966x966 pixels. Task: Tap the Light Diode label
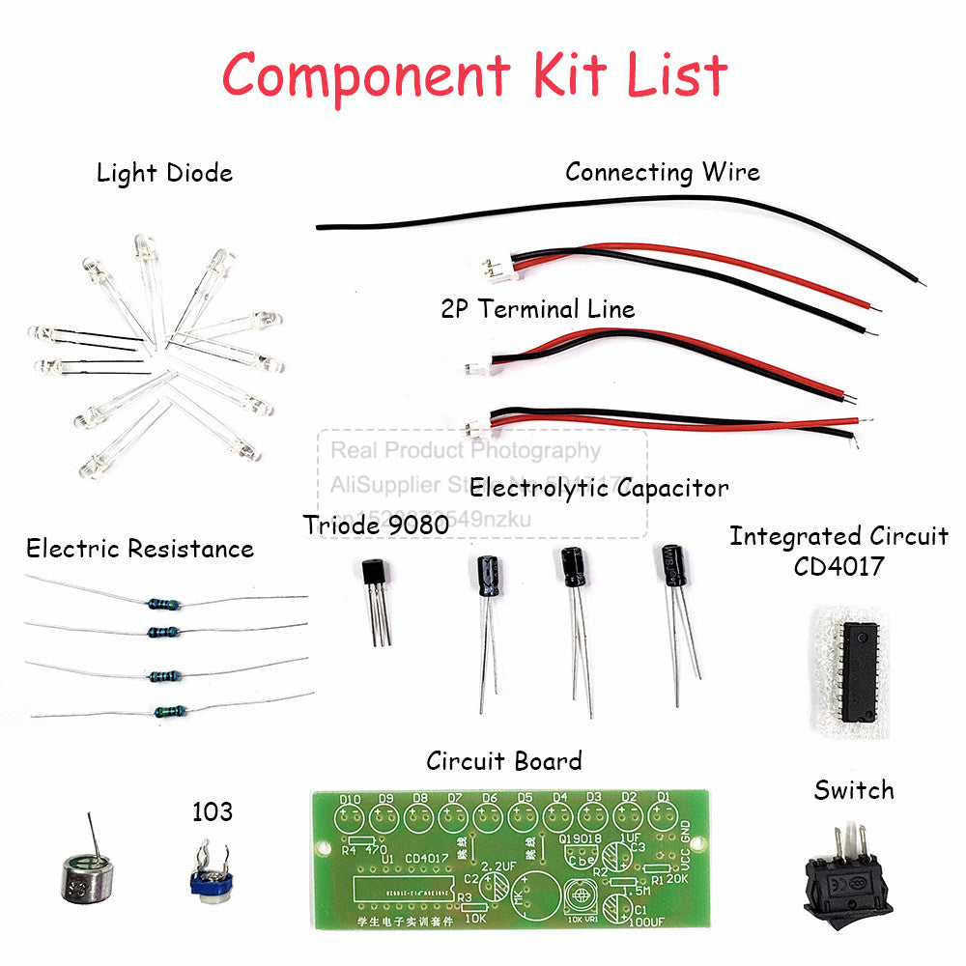click(164, 174)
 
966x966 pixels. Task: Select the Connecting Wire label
click(663, 172)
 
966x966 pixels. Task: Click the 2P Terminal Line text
click(538, 309)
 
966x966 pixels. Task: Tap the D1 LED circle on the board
click(663, 819)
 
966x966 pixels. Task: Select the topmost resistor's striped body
click(162, 605)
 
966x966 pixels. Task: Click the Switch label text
click(853, 791)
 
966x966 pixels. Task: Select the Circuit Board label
click(504, 761)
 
